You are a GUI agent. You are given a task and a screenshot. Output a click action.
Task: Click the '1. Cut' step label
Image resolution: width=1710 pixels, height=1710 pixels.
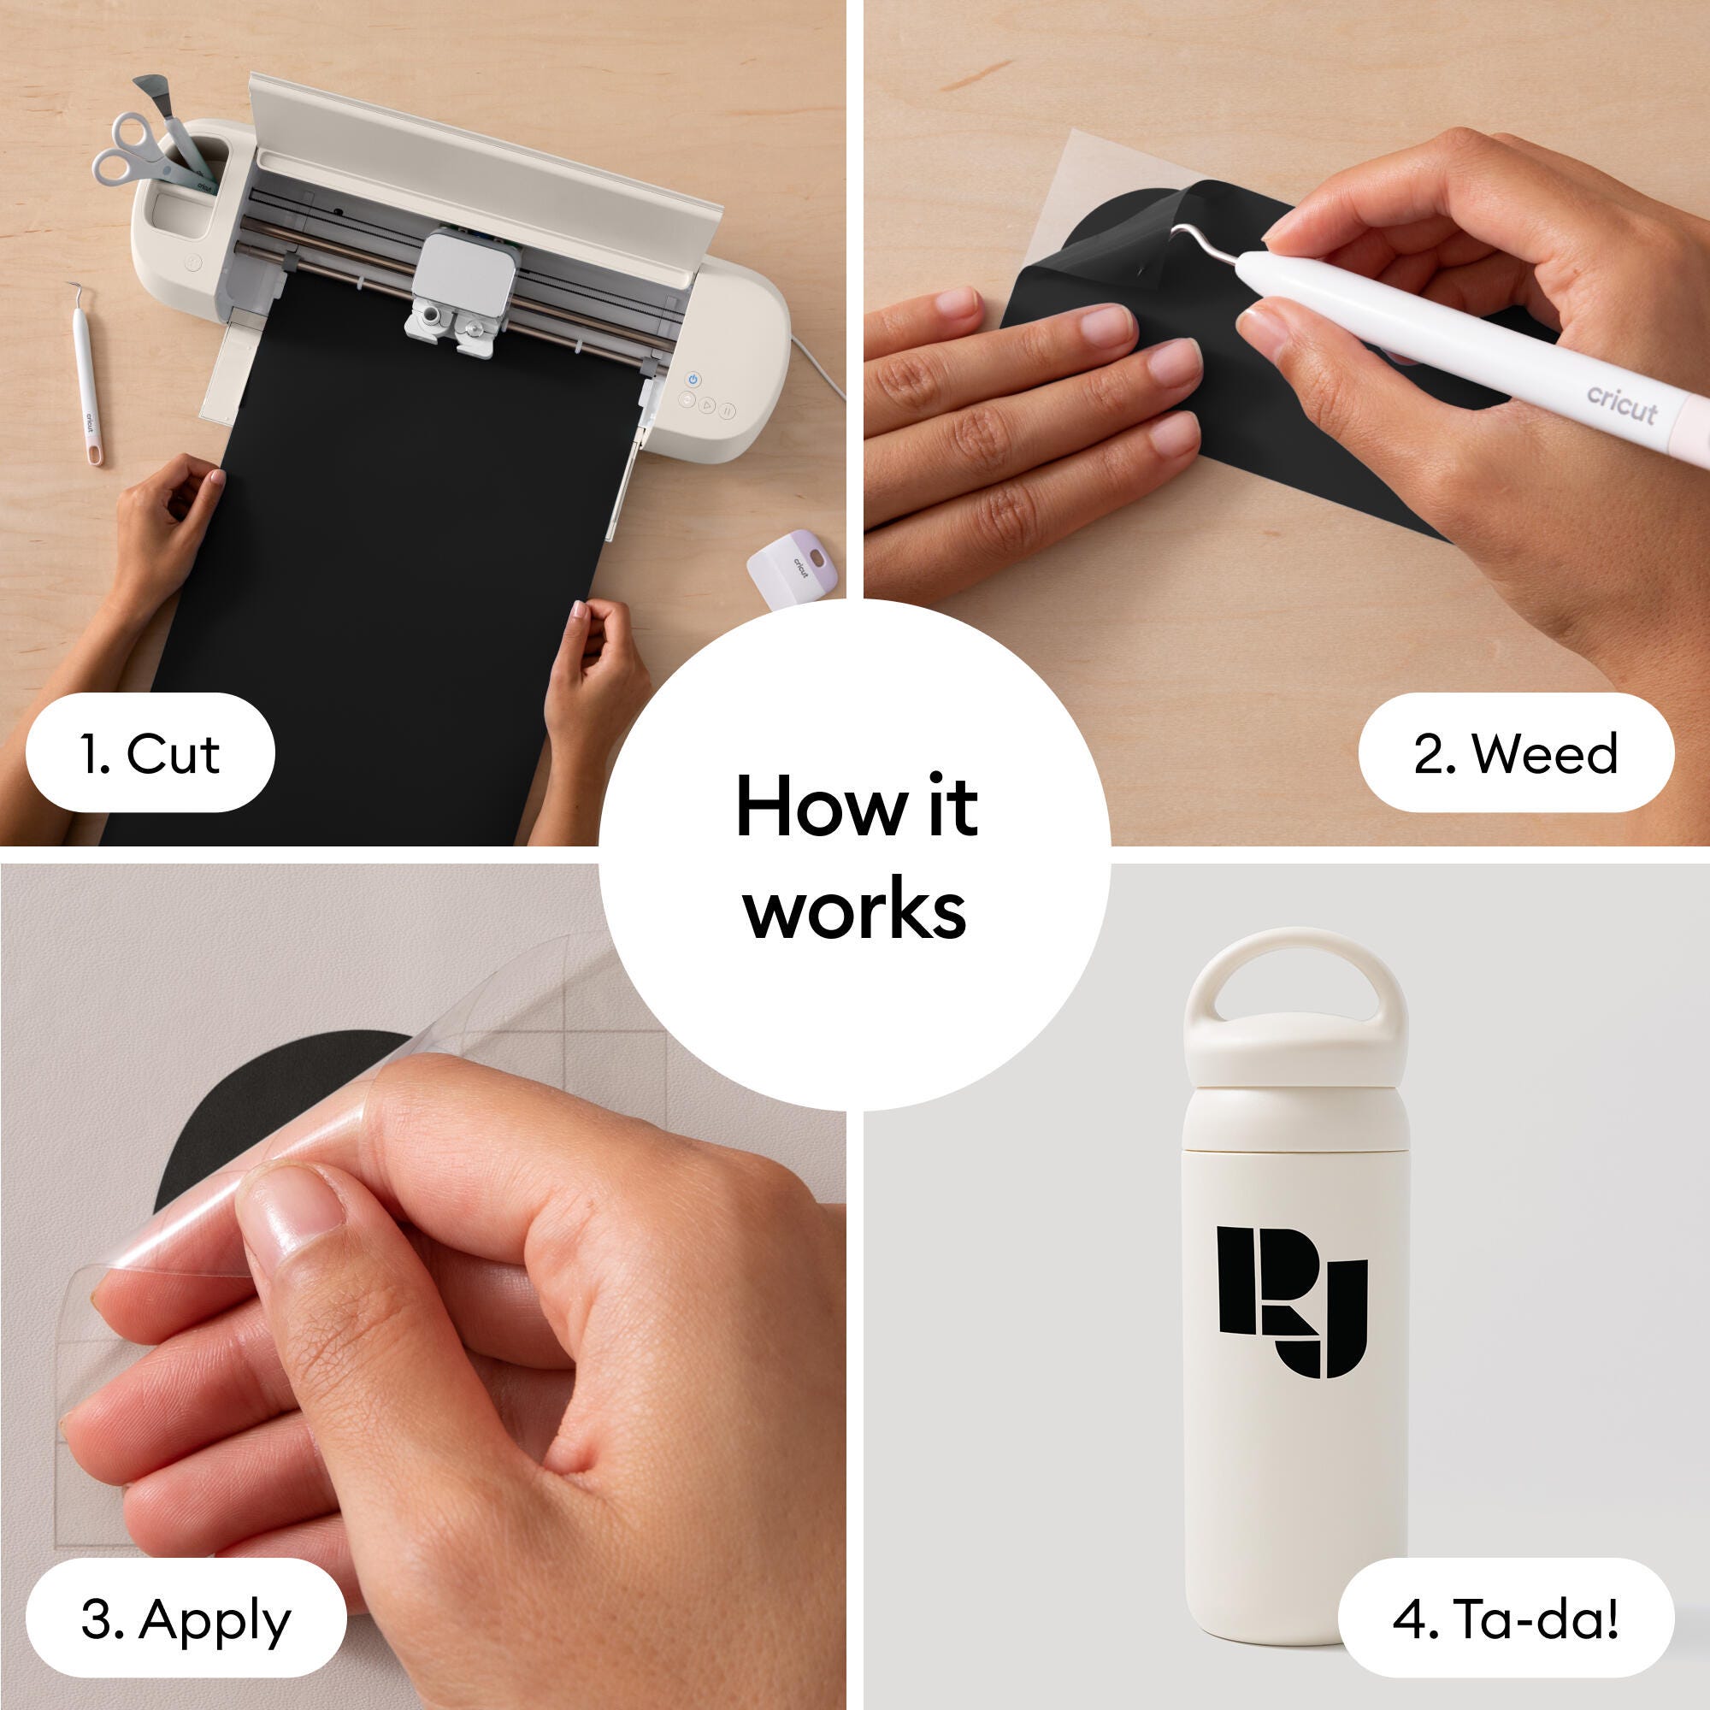pyautogui.click(x=150, y=753)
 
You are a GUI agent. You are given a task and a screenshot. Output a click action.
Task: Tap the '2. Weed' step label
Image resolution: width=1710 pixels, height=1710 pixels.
pyautogui.click(x=1516, y=753)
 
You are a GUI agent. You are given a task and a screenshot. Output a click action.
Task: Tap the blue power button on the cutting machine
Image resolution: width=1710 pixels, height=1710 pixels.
pyautogui.click(x=693, y=380)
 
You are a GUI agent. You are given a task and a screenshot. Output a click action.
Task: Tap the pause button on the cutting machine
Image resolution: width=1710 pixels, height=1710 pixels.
pyautogui.click(x=727, y=410)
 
